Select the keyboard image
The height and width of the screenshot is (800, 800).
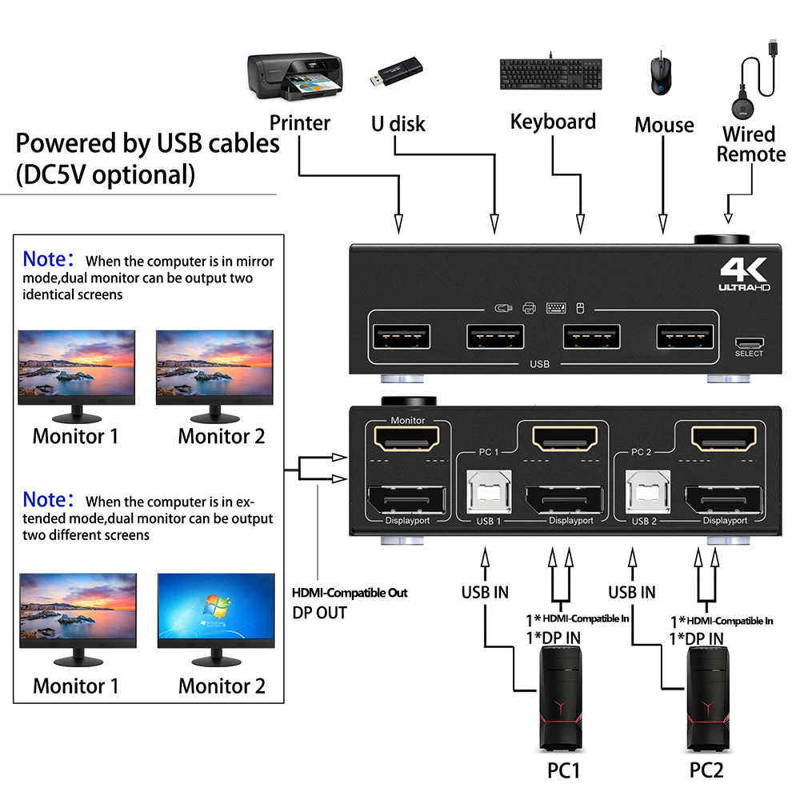point(552,74)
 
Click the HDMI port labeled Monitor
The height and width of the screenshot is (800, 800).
point(406,438)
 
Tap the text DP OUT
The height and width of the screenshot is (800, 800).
point(319,613)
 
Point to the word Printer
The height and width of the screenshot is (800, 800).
point(299,123)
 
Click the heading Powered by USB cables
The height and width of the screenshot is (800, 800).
point(148,144)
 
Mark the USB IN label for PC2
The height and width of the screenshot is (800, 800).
point(631,592)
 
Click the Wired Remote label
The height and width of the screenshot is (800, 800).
point(750,144)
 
